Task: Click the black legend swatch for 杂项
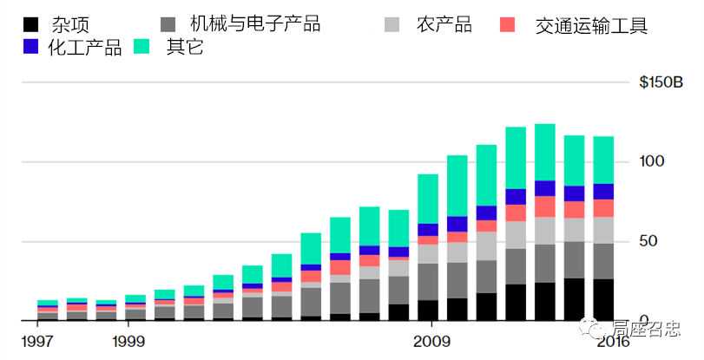click(32, 24)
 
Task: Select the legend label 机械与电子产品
click(254, 24)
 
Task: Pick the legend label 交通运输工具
click(592, 26)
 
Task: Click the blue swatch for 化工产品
click(32, 47)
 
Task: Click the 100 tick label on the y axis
click(652, 161)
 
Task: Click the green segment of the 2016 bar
click(615, 160)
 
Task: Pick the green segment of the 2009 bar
click(428, 199)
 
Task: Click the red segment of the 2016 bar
click(615, 208)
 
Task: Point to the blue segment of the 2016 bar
click(615, 192)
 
